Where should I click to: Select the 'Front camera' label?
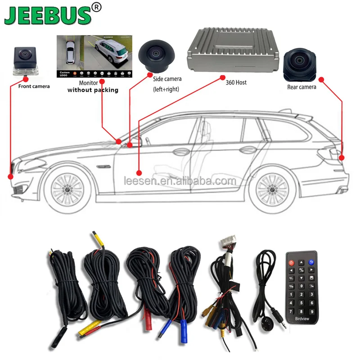34,86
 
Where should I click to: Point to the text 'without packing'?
93,90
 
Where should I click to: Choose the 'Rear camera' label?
301,87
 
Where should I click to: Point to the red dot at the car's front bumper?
11,176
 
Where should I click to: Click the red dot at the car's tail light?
342,158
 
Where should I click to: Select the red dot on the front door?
139,172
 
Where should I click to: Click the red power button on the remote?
292,262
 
